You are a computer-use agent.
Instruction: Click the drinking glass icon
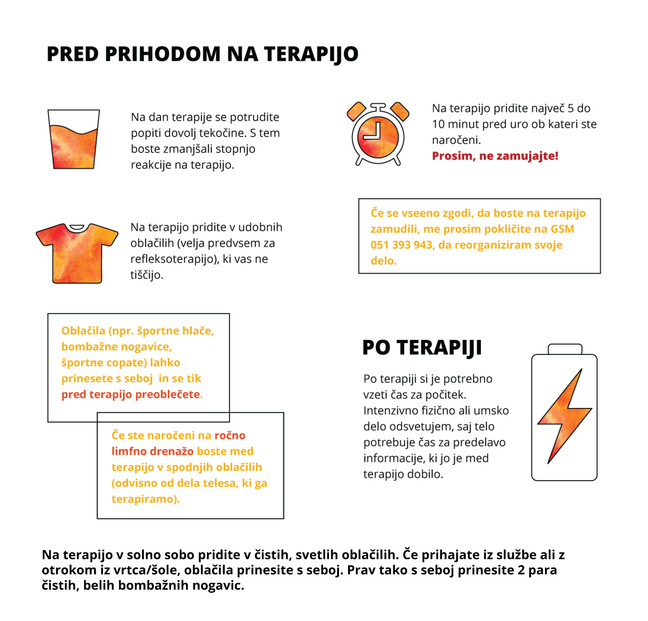click(74, 138)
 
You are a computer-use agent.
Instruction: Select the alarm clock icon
click(378, 133)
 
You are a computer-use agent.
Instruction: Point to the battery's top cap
click(565, 349)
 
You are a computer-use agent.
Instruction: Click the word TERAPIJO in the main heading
click(311, 54)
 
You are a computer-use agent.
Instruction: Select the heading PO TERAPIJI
click(422, 348)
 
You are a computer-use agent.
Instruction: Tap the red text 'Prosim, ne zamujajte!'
click(495, 156)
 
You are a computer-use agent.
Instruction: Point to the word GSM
click(562, 229)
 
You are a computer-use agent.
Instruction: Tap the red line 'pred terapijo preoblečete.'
click(132, 394)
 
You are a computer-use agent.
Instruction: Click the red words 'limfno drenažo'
click(152, 451)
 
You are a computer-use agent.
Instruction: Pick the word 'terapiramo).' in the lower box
click(146, 499)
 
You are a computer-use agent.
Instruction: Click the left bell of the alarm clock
click(356, 112)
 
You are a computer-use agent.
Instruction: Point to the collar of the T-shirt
click(77, 227)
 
